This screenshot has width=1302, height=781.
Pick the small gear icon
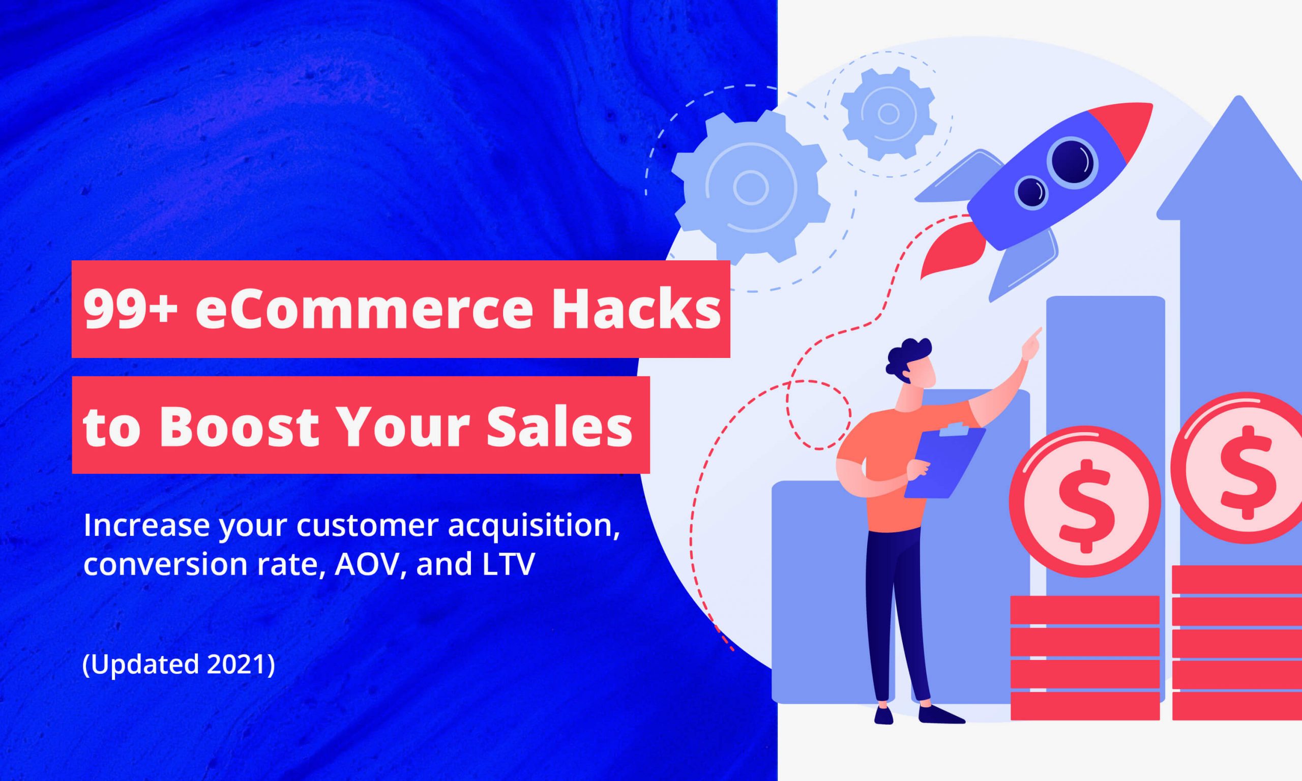[x=889, y=114]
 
